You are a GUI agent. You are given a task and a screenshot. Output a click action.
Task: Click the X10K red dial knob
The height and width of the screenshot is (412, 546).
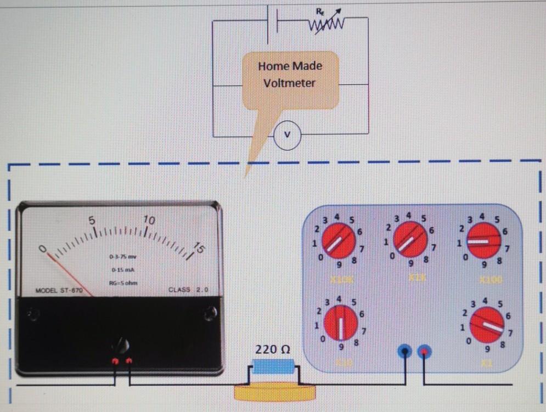(x=338, y=241)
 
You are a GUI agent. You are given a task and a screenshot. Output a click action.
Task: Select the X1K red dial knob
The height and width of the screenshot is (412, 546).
(x=410, y=240)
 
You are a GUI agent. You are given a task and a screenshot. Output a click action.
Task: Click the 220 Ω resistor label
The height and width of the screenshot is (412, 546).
(x=272, y=349)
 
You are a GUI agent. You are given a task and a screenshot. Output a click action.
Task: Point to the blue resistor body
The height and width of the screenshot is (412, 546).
(x=273, y=366)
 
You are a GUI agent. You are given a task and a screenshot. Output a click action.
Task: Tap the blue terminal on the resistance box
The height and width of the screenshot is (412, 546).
(x=405, y=352)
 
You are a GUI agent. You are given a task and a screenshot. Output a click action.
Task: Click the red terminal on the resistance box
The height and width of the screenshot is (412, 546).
(x=424, y=352)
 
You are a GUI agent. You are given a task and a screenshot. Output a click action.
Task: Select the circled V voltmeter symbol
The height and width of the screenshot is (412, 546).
(x=287, y=135)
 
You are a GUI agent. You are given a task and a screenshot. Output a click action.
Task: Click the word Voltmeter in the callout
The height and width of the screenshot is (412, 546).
(x=289, y=83)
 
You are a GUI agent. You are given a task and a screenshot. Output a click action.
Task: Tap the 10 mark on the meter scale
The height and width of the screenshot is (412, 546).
(x=149, y=220)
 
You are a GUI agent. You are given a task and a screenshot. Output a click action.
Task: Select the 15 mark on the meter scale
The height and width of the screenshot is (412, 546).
(x=199, y=249)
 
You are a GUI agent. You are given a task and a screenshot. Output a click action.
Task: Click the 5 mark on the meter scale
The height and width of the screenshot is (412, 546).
(x=93, y=219)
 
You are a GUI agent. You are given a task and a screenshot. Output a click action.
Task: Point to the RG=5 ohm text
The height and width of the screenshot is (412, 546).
(x=123, y=283)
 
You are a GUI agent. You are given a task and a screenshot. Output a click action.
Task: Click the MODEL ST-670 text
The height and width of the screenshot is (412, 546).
(x=59, y=290)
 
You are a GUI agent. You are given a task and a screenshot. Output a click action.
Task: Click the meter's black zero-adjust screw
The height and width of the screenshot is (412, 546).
(x=121, y=346)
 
